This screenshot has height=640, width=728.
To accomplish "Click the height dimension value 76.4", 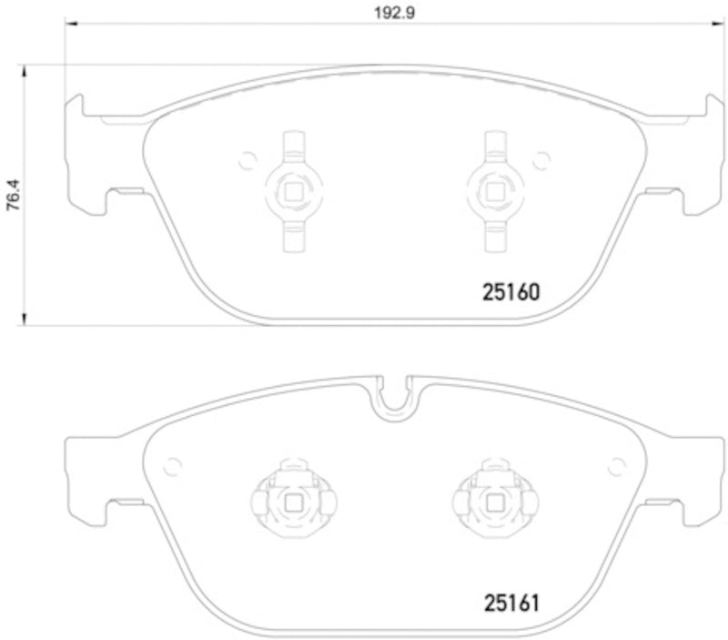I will click(x=13, y=194).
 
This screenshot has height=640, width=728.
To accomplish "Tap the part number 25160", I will click(x=510, y=293).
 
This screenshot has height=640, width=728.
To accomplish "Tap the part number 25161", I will click(x=510, y=602).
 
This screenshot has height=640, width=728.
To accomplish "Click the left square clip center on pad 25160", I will click(x=293, y=190).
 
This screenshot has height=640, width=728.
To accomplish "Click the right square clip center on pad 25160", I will click(x=496, y=190).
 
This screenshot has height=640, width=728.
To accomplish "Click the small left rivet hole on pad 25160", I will click(x=244, y=161).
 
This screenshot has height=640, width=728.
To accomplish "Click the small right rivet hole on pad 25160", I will click(x=543, y=161).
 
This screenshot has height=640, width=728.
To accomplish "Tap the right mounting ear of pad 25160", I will click(x=693, y=150).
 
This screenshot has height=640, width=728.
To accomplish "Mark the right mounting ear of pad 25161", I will click(x=693, y=473).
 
